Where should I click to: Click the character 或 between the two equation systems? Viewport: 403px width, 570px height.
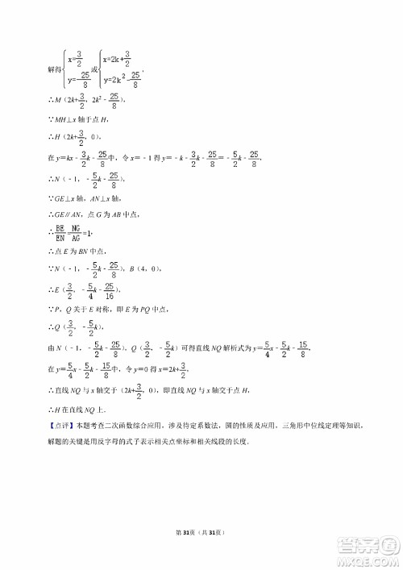coord(94,70)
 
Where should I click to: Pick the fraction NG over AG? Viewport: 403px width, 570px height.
coord(76,234)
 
